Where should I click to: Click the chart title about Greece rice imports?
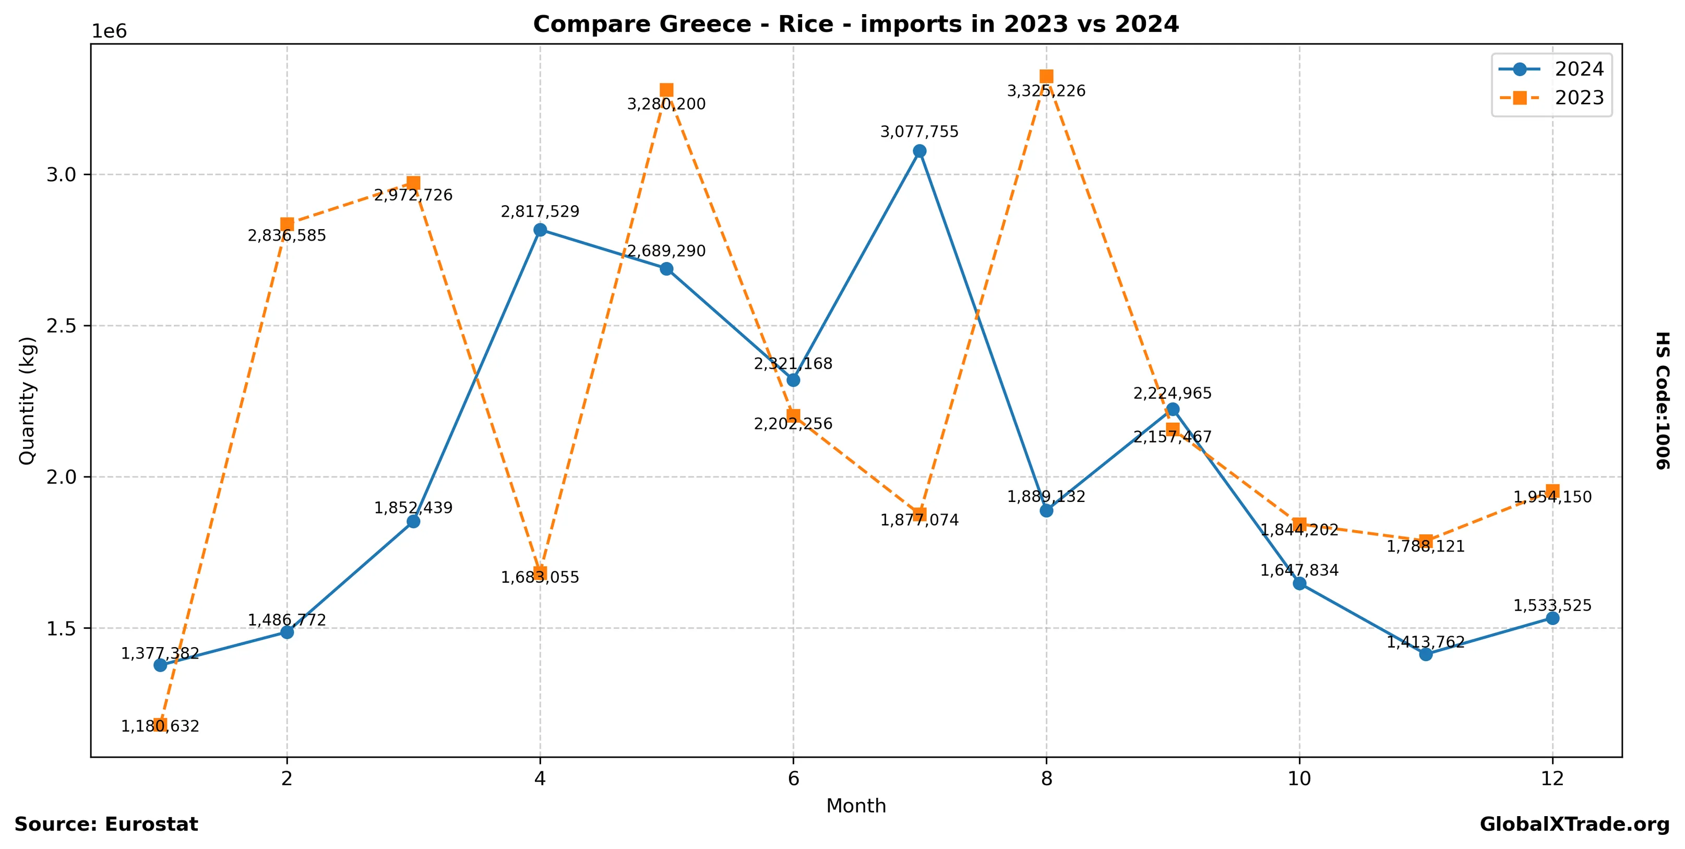[856, 24]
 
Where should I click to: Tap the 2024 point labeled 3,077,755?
[919, 151]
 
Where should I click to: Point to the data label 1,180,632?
[160, 726]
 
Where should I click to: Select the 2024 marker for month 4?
[540, 230]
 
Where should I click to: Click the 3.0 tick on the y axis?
[62, 175]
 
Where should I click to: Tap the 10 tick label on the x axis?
[1299, 779]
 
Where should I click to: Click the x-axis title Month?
[856, 806]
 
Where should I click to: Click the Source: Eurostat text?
[106, 824]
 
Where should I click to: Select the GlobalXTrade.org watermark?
[1574, 824]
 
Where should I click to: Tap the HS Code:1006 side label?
[1662, 400]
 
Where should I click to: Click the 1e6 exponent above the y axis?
[109, 31]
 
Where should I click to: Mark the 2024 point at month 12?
[1552, 618]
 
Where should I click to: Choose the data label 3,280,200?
[666, 104]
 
